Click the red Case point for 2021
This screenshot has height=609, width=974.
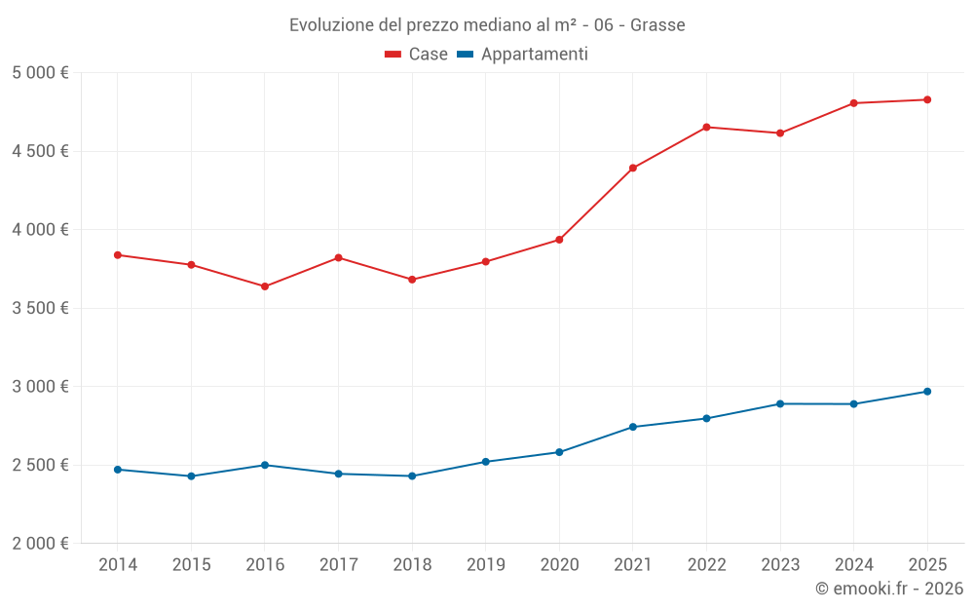(x=633, y=169)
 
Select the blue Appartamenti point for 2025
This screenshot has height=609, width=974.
(x=927, y=392)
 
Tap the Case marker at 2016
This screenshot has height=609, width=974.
(x=265, y=286)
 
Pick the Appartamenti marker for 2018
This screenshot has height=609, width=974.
(x=412, y=476)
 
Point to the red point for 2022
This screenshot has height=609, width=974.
(x=706, y=128)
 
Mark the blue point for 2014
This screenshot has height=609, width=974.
(x=118, y=470)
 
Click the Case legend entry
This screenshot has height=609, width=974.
(x=417, y=55)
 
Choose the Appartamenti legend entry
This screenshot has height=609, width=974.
(x=523, y=55)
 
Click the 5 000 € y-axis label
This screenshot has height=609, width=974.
(x=40, y=73)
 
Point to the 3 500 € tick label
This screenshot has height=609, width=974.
(x=40, y=308)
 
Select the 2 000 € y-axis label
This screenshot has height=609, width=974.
(x=40, y=544)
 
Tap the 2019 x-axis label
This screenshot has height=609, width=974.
(x=485, y=565)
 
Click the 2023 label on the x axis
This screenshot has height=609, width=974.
(x=779, y=565)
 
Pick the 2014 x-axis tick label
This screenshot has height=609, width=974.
(x=118, y=565)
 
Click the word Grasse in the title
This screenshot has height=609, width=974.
(x=657, y=25)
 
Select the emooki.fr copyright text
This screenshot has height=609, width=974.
(x=888, y=589)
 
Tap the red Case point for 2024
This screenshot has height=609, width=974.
(x=853, y=103)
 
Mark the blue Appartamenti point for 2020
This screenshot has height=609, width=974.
(x=559, y=452)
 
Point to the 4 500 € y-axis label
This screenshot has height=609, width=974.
(x=40, y=151)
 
